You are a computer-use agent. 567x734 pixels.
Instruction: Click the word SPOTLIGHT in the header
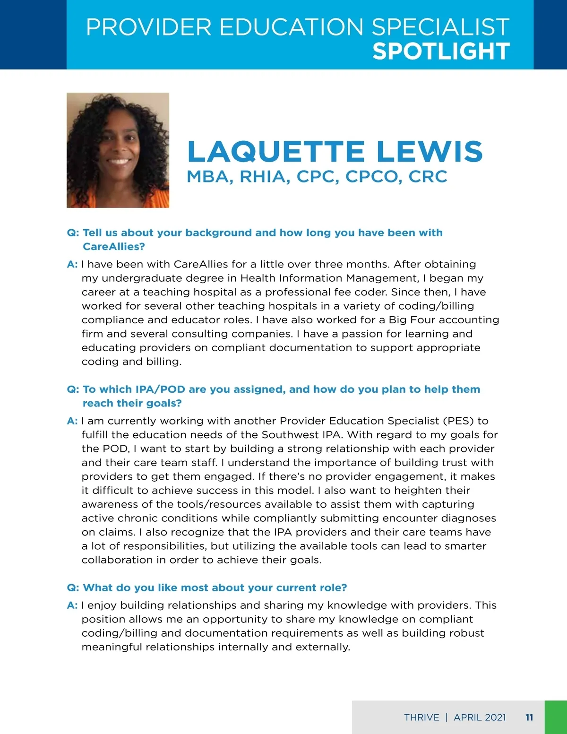pyautogui.click(x=441, y=51)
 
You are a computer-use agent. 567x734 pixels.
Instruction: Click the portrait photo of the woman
pyautogui.click(x=118, y=150)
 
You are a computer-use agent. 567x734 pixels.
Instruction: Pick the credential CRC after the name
pyautogui.click(x=428, y=177)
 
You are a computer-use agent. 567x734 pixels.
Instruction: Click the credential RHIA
pyautogui.click(x=264, y=177)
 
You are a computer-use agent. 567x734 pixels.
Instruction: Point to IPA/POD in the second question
pyautogui.click(x=160, y=389)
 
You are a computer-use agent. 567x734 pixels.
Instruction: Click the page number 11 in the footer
pyautogui.click(x=529, y=717)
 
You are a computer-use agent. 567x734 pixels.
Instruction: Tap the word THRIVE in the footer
pyautogui.click(x=421, y=717)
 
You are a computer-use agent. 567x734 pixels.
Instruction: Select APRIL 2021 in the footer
pyautogui.click(x=480, y=717)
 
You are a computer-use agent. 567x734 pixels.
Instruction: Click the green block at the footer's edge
pyautogui.click(x=556, y=717)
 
